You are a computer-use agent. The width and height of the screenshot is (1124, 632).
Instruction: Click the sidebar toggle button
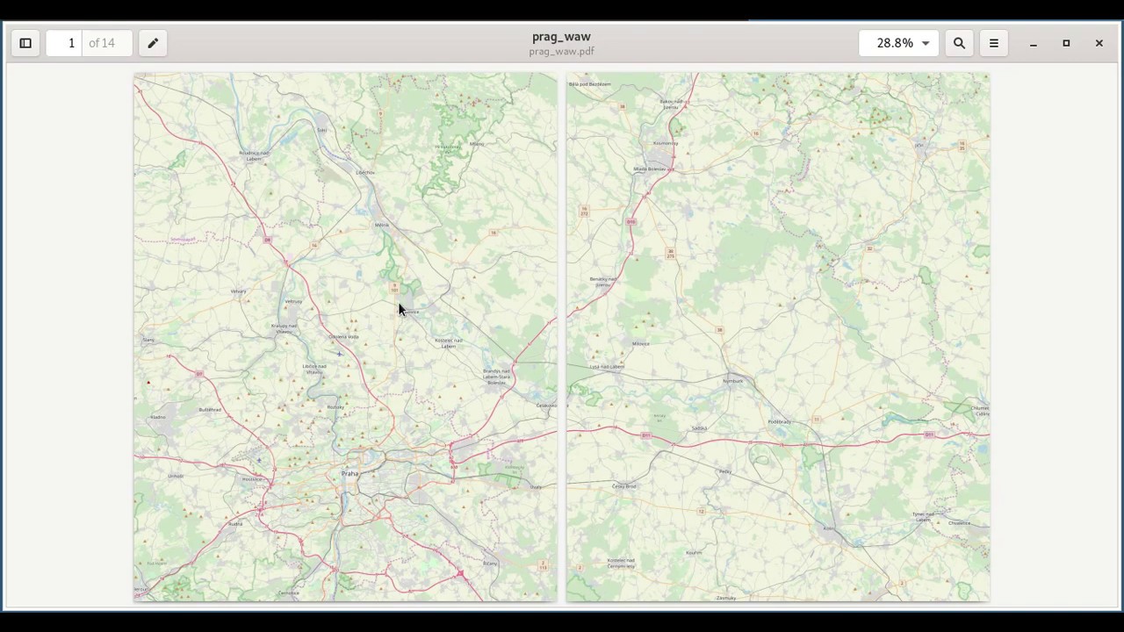click(25, 43)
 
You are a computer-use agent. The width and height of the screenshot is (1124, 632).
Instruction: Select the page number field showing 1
click(71, 43)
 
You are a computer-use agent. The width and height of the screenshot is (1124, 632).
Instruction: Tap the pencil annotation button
click(153, 43)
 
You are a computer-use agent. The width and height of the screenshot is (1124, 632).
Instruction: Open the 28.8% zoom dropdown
click(898, 43)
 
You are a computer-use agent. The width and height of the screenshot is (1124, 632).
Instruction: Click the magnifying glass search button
click(959, 43)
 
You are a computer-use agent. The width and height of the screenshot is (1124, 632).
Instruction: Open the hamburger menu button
click(994, 43)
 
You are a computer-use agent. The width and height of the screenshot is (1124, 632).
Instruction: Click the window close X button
click(1099, 43)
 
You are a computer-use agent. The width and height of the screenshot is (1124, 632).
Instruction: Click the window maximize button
click(1066, 43)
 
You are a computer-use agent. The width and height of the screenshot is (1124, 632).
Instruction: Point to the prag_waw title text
click(561, 37)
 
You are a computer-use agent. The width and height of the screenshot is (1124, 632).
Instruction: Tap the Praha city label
click(349, 474)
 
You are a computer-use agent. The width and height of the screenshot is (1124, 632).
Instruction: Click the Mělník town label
click(381, 226)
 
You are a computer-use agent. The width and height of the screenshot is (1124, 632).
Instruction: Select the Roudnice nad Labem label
click(254, 155)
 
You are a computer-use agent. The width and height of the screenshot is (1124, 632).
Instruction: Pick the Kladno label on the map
click(158, 417)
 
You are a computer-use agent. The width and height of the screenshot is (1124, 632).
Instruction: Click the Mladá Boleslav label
click(650, 169)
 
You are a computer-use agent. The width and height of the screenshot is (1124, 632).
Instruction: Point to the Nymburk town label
click(733, 381)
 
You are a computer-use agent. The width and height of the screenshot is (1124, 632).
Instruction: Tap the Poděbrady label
click(779, 422)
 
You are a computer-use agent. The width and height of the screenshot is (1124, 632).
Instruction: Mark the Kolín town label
click(828, 528)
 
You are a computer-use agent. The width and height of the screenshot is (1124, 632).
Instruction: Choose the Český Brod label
click(624, 486)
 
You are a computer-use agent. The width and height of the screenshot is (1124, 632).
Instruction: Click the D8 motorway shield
click(267, 240)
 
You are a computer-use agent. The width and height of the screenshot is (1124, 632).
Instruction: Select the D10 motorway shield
click(630, 222)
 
